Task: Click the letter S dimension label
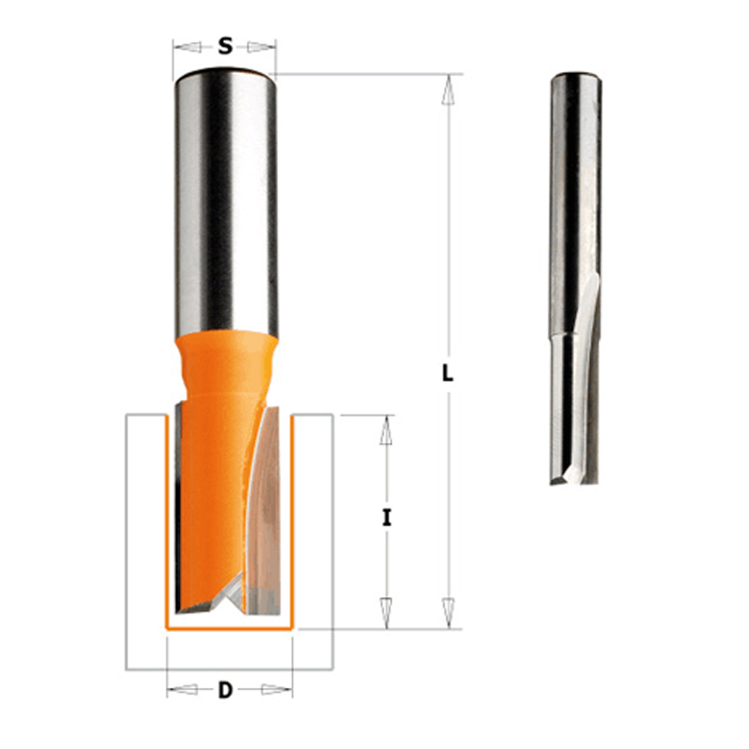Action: pyautogui.click(x=225, y=46)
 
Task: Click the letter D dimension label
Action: pyautogui.click(x=225, y=690)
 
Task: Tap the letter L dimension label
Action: pyautogui.click(x=448, y=373)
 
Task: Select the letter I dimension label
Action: pyautogui.click(x=387, y=518)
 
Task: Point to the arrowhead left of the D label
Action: pyautogui.click(x=184, y=689)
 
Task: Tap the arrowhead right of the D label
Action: pyautogui.click(x=275, y=689)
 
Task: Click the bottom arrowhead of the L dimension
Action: pyautogui.click(x=448, y=612)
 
